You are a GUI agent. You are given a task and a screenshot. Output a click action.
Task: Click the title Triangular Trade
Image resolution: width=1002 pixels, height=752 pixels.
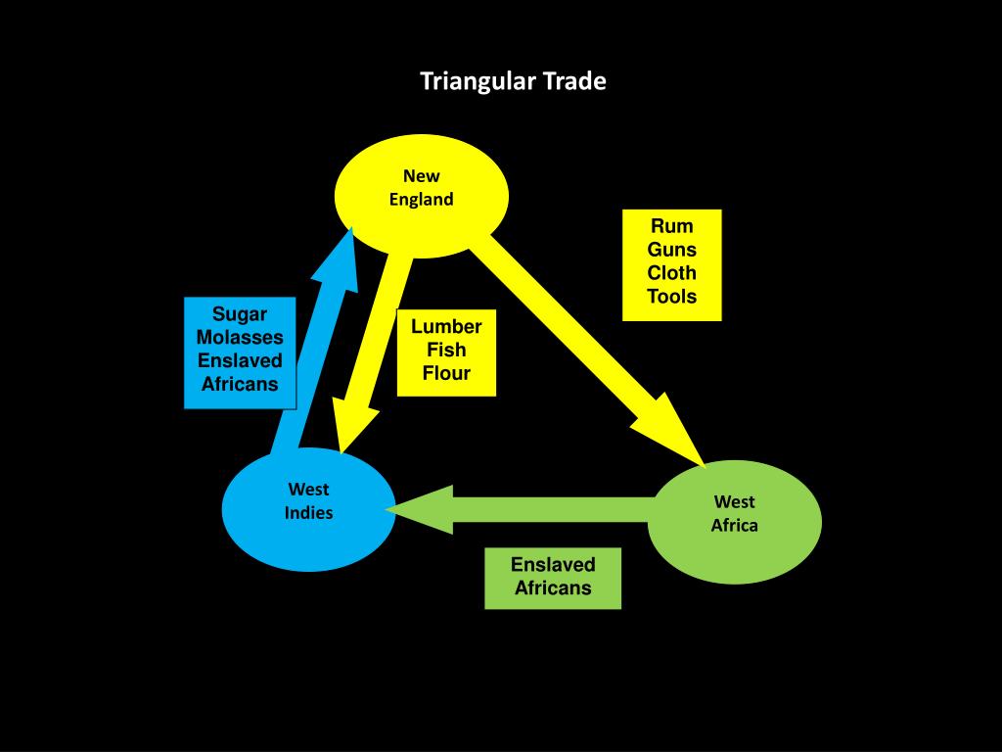[x=513, y=81]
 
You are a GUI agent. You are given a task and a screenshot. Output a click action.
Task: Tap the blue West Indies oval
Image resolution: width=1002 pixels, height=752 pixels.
[x=308, y=508]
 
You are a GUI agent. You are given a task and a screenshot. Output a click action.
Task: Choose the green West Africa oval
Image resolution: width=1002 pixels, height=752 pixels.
[x=735, y=519]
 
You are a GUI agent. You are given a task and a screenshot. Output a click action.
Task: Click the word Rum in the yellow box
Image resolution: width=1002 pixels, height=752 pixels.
[x=671, y=226]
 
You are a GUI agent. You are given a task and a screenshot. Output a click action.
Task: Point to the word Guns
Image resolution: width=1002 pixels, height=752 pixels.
[x=671, y=250]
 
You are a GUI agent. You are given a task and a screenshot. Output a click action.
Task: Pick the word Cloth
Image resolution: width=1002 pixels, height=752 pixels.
[x=671, y=273]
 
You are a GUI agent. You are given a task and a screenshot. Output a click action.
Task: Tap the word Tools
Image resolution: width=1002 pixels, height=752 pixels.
[x=671, y=297]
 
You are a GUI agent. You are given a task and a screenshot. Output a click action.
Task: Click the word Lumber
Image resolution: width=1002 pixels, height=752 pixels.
[x=446, y=326]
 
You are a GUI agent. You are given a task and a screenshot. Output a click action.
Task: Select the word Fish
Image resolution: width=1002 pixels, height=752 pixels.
[x=446, y=350]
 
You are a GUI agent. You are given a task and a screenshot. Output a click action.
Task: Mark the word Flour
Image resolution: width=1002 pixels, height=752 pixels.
[x=446, y=373]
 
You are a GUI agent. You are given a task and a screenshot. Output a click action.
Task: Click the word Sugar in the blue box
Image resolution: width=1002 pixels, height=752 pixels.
[x=240, y=313]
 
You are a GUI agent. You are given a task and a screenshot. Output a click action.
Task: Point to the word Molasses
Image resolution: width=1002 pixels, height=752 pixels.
[x=240, y=337]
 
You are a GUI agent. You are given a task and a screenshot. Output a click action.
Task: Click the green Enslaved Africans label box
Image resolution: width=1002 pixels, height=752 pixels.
[x=553, y=577]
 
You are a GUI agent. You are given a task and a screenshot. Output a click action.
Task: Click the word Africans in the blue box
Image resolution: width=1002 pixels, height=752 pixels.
[x=240, y=384]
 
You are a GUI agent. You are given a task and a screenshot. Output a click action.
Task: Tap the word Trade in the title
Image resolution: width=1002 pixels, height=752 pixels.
[x=576, y=81]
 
